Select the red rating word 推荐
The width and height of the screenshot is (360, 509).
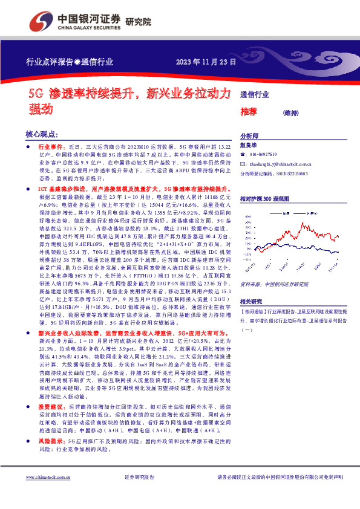(x=249, y=112)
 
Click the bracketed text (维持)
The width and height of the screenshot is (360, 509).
(x=291, y=112)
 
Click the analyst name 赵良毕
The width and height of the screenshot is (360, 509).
(x=249, y=146)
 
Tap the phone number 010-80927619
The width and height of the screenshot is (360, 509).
(x=268, y=155)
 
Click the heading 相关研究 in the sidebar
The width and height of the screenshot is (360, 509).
(x=252, y=301)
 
